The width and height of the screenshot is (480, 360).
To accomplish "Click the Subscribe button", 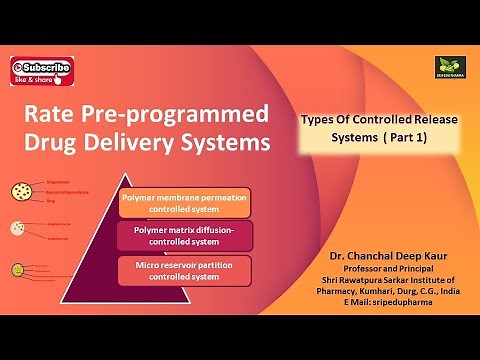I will [x=41, y=68].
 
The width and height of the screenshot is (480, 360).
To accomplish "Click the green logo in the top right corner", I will [x=447, y=67].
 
